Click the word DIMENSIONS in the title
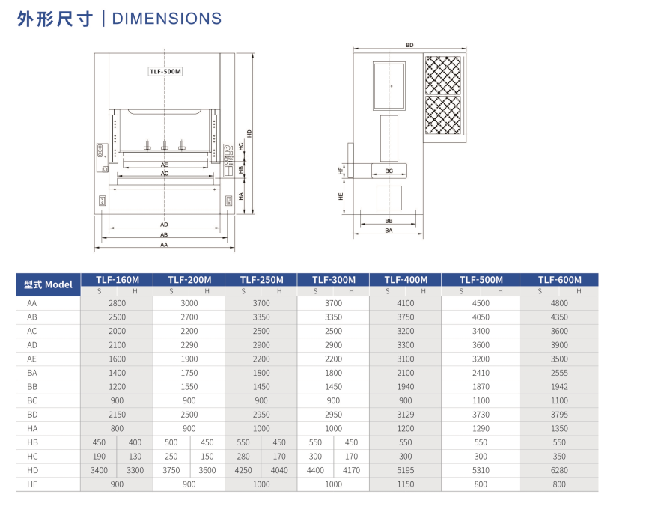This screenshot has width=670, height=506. tap(167, 19)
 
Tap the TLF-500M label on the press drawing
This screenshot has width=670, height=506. tap(165, 71)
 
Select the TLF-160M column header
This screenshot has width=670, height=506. tap(117, 280)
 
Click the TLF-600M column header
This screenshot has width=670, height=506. tap(559, 280)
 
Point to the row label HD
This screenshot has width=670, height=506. tap(32, 470)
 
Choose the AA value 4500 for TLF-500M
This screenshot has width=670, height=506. tap(481, 303)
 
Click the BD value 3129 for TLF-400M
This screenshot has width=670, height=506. tap(406, 415)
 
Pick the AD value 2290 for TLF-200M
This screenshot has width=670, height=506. tap(189, 345)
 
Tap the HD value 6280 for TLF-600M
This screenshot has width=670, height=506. tap(559, 470)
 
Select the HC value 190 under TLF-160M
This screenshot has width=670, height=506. tap(99, 457)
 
